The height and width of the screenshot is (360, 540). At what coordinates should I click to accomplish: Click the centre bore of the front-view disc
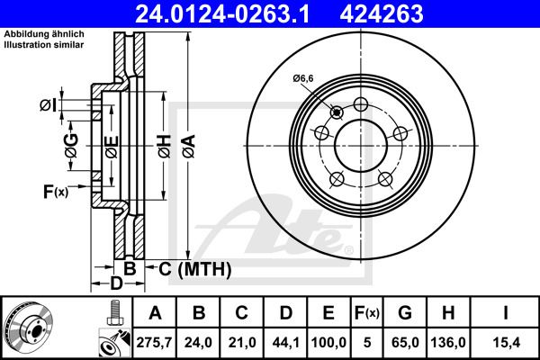360,144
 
